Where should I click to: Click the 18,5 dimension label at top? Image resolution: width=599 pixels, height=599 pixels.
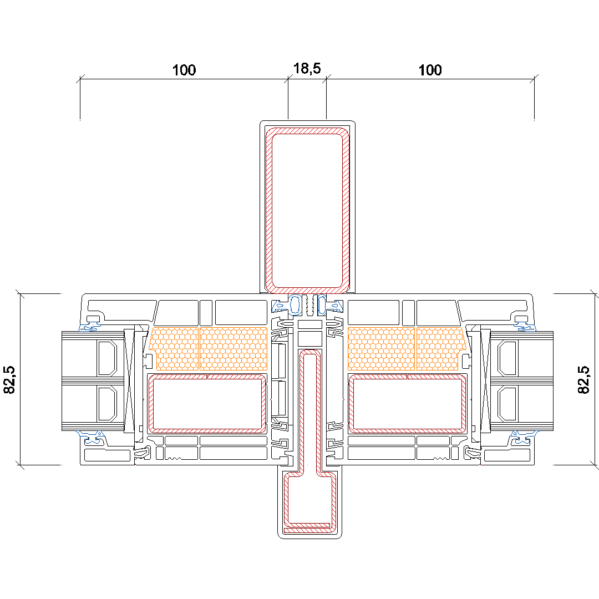pos(307,68)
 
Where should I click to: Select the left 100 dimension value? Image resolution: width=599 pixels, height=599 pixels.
pos(184,70)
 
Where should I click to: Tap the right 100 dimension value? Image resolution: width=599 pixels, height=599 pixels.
pos(430,70)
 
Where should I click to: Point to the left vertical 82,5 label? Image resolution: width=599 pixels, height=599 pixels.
pos(9,380)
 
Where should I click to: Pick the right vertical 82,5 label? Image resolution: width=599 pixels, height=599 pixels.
pos(583,380)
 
